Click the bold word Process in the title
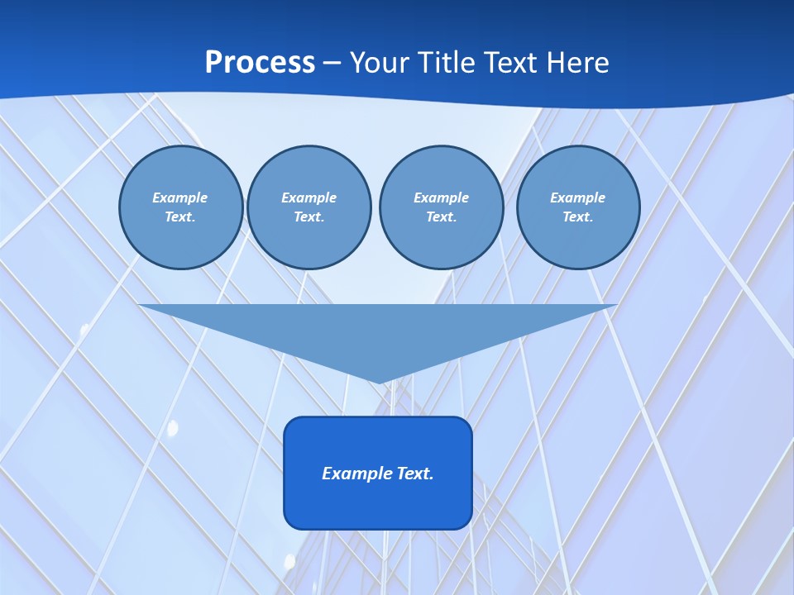tap(260, 63)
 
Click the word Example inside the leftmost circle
tap(180, 198)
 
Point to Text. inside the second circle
tap(309, 217)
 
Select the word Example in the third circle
tap(441, 198)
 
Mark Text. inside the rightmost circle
tap(577, 217)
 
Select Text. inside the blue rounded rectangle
tap(416, 474)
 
